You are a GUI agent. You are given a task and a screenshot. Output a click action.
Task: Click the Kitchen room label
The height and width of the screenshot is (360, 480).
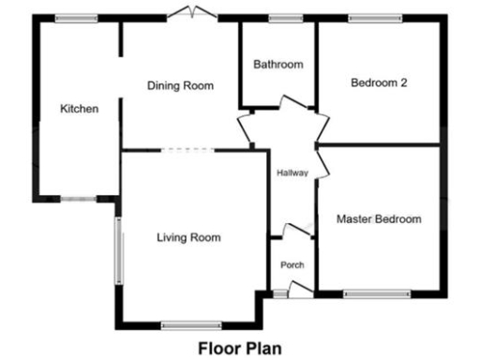point(79,109)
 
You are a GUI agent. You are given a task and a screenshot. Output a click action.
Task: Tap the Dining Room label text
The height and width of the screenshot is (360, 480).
point(180,85)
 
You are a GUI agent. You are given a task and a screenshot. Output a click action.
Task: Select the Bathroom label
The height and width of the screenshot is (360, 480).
point(278,65)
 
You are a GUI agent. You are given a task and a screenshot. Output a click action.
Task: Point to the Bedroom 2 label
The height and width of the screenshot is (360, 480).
point(378,82)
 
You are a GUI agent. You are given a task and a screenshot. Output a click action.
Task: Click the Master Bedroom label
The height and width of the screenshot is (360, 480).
point(378,219)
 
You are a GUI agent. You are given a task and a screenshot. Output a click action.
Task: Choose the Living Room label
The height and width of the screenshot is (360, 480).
point(188,237)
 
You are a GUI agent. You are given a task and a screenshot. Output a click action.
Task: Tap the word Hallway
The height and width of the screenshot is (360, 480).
point(292,172)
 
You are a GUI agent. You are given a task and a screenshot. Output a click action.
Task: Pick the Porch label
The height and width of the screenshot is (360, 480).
point(292,265)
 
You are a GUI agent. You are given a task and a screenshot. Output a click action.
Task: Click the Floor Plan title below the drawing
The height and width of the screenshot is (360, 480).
point(239,348)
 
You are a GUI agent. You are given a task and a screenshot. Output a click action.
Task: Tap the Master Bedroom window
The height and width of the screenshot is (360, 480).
point(376,294)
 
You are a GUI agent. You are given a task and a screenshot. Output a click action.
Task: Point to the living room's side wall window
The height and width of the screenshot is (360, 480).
point(118,250)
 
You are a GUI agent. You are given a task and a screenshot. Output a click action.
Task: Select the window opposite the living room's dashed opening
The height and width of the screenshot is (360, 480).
point(190,325)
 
